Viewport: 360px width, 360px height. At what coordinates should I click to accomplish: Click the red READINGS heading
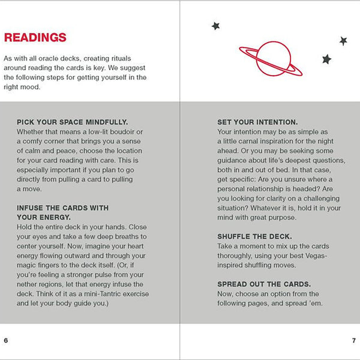pos(35,38)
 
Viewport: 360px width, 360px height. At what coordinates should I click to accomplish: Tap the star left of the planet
pos(216,26)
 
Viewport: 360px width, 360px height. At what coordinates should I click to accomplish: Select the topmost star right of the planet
pos(343,41)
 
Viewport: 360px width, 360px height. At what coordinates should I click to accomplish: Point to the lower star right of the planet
pos(326,59)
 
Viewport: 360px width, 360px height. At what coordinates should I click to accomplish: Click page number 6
pos(6,340)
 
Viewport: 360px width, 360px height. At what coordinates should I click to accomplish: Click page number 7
pos(353,340)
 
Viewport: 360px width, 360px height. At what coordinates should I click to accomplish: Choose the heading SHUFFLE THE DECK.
pos(255,236)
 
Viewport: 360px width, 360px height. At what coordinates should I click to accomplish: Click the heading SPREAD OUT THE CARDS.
pos(264,283)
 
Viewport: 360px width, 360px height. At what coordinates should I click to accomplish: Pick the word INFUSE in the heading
pos(31,208)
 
